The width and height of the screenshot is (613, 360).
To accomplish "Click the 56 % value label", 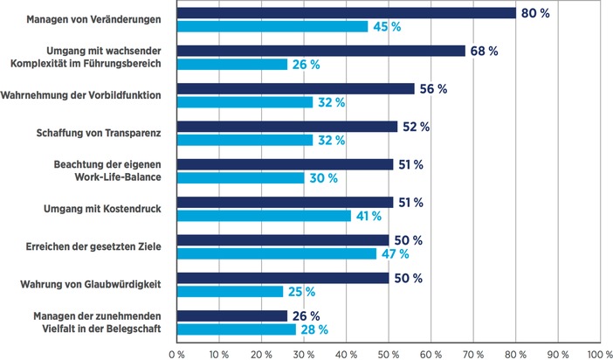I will (434, 89).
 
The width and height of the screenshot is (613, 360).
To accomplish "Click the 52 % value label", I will (417, 128).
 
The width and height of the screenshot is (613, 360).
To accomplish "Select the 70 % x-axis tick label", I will (472, 354).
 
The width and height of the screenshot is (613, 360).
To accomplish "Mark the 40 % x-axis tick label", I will (346, 354).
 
